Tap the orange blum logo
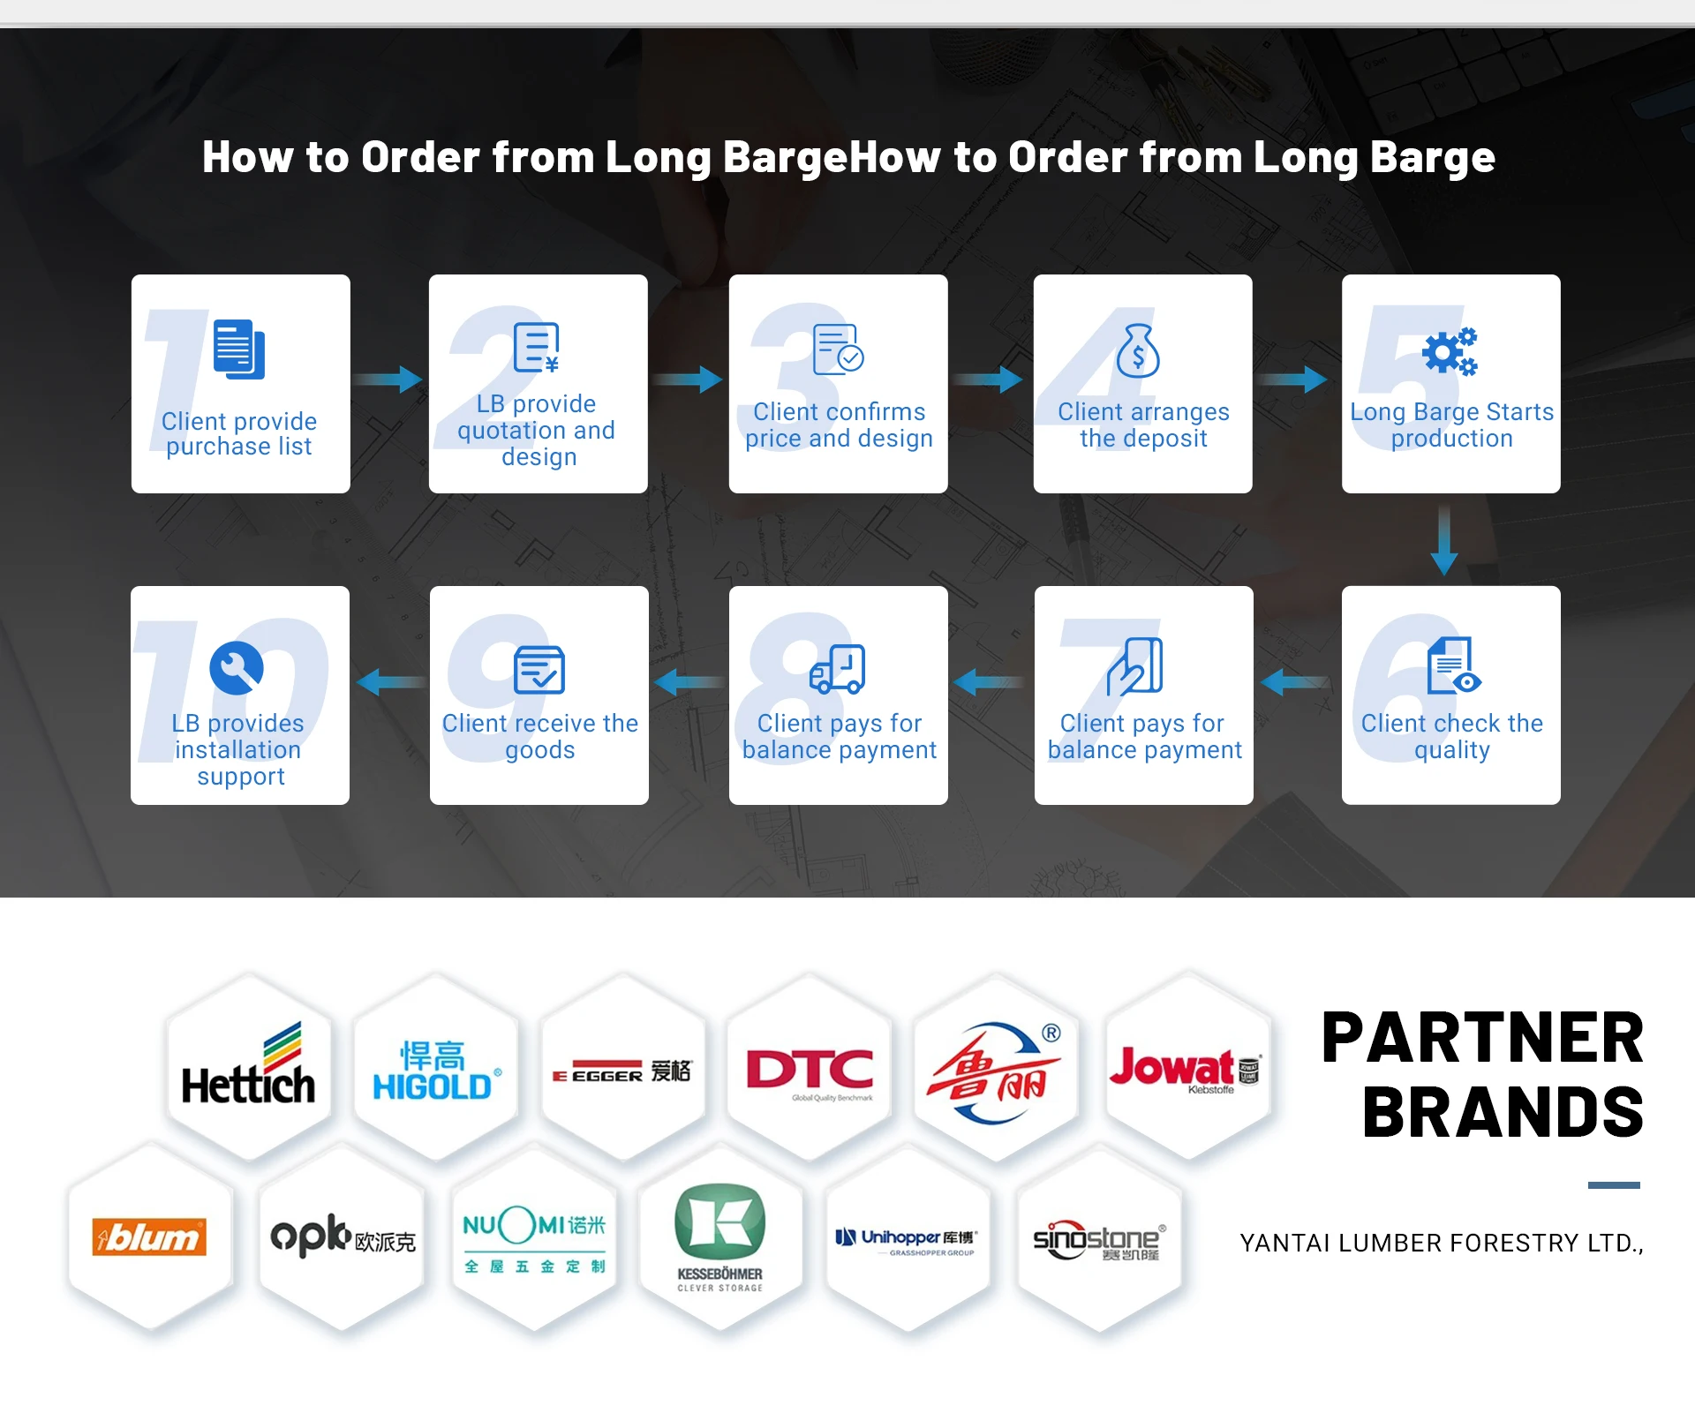(149, 1236)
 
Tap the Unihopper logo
(907, 1239)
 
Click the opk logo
(343, 1236)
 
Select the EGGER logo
(622, 1072)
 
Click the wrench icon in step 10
(237, 667)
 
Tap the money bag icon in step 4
(1138, 351)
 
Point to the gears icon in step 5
(1450, 352)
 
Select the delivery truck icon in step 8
(837, 668)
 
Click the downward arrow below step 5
(1443, 539)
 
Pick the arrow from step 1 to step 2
(388, 380)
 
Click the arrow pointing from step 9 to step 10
(390, 681)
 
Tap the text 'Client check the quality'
(1451, 736)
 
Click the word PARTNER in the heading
(1482, 1038)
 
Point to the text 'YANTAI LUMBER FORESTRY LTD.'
(1441, 1243)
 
